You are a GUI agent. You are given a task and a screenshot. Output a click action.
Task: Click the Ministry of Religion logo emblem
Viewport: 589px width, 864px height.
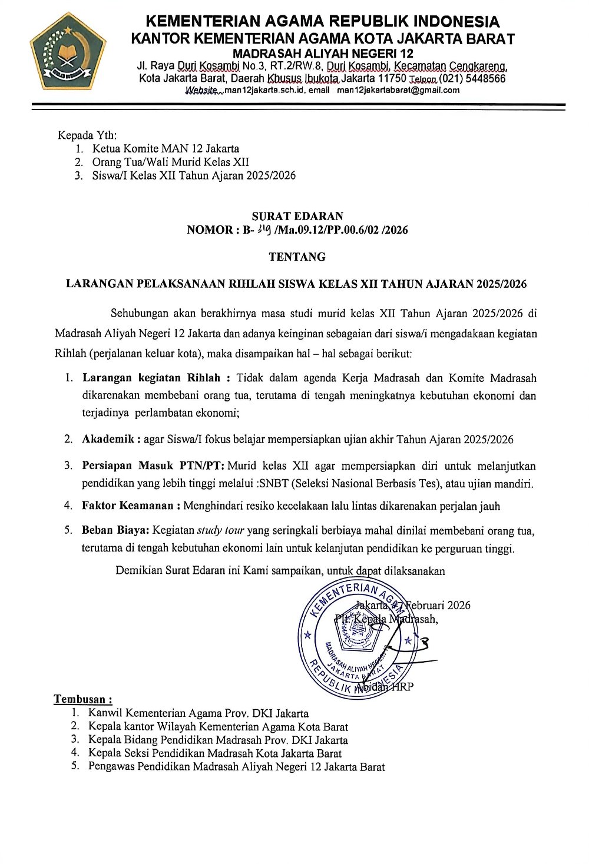[x=68, y=51]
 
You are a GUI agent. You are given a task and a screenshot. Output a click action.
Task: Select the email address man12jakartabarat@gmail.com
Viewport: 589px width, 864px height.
[x=398, y=90]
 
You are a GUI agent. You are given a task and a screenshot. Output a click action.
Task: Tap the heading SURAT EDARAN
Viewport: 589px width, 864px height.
[x=297, y=216]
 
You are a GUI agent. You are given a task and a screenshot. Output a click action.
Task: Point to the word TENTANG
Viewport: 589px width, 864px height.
[x=297, y=257]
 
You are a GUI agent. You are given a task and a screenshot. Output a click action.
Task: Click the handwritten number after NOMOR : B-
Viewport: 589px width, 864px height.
[x=264, y=230]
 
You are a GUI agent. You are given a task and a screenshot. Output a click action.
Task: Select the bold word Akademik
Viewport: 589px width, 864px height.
[x=110, y=440]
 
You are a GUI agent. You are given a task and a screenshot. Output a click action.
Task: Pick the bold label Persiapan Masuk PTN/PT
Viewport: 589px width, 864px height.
[x=152, y=466]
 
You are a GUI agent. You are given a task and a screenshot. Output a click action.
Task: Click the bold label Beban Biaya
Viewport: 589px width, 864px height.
[x=115, y=530]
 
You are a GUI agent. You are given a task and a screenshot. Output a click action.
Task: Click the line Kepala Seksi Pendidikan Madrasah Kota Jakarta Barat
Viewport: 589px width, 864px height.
[x=215, y=753]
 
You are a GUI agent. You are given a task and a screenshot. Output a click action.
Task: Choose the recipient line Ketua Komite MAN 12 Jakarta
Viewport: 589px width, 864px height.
[x=166, y=148]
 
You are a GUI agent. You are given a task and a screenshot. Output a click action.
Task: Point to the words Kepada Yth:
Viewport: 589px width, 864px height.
[x=87, y=135]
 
